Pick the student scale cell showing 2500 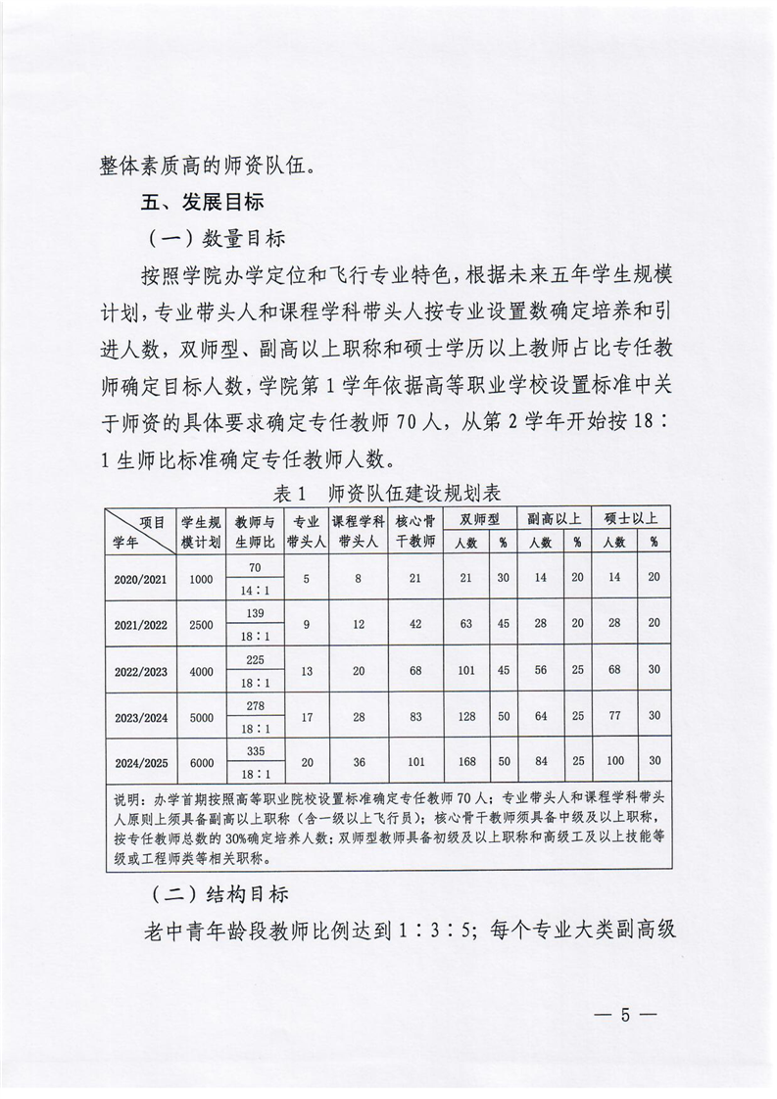(x=201, y=624)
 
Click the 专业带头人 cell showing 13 (x=306, y=669)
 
